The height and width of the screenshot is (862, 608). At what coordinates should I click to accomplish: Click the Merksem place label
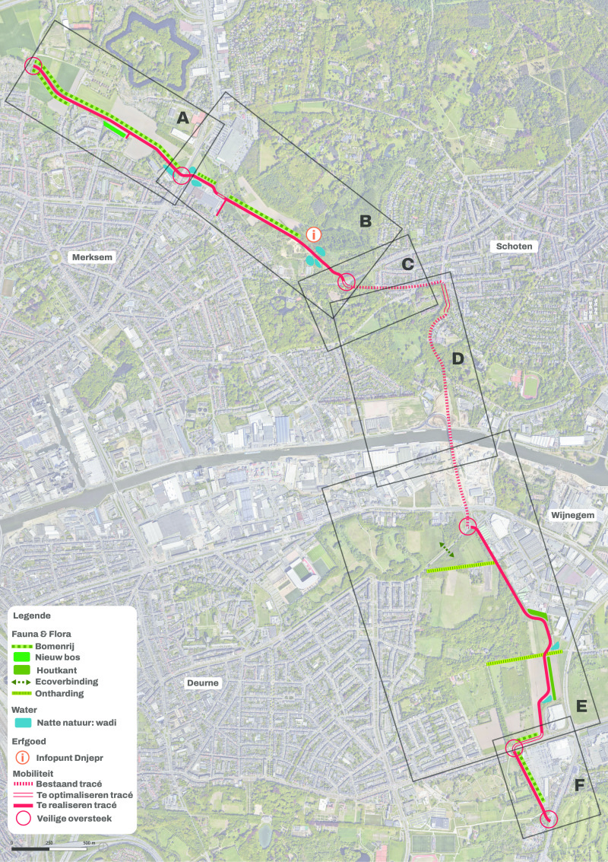(x=92, y=257)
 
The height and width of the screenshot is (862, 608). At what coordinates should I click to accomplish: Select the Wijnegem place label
(x=569, y=515)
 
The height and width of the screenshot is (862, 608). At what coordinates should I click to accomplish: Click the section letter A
(x=182, y=117)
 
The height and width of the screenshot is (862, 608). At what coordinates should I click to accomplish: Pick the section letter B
(x=365, y=221)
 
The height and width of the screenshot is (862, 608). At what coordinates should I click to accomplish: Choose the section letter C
(x=407, y=264)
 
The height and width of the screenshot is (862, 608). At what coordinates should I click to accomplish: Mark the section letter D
(x=458, y=358)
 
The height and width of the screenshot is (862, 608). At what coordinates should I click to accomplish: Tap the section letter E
(x=581, y=707)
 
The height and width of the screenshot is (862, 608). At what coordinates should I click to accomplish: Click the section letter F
(x=579, y=784)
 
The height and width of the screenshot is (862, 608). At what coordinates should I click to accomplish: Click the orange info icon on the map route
(x=313, y=234)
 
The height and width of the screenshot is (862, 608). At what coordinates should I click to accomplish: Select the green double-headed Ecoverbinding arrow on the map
(x=446, y=550)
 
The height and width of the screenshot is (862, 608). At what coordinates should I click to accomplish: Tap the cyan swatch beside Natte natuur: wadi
(x=23, y=721)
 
